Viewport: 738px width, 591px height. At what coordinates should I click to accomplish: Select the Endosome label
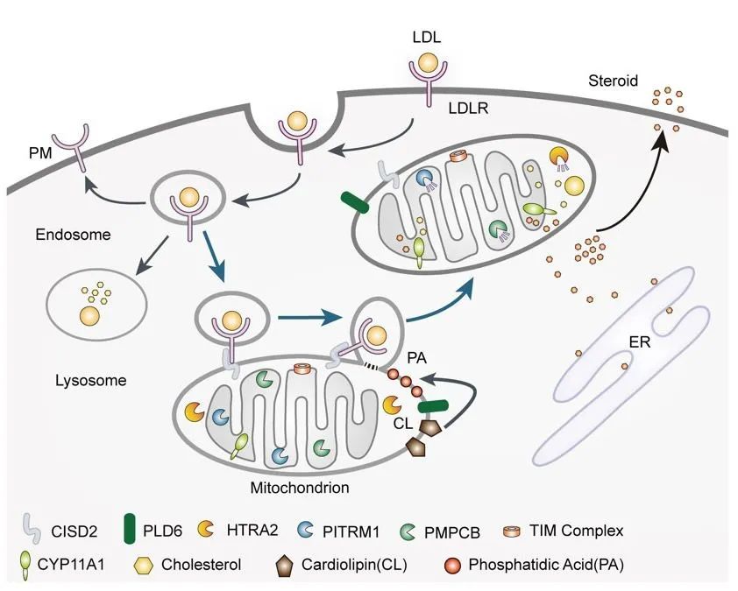click(65, 235)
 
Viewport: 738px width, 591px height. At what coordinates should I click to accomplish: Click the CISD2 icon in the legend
click(32, 530)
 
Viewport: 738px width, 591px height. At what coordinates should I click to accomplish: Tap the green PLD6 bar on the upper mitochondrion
click(356, 201)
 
